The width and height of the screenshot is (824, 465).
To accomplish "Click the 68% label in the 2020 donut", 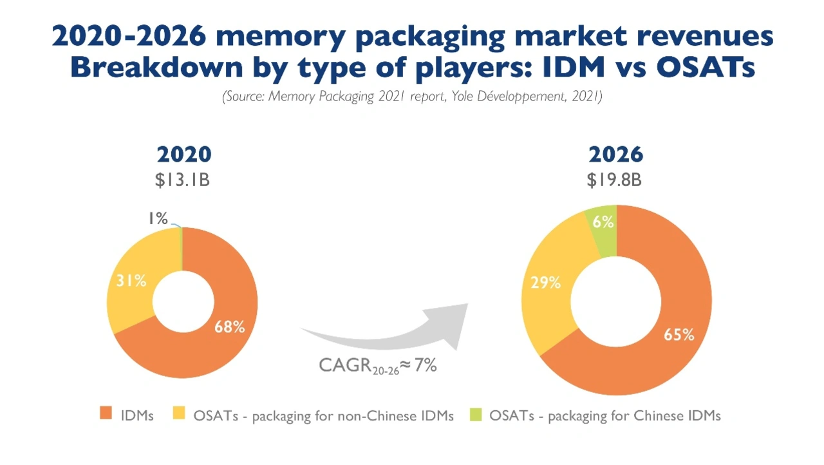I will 230,327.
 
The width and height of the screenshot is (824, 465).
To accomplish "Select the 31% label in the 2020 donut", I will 131,281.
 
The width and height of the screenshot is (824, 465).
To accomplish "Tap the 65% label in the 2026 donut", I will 679,334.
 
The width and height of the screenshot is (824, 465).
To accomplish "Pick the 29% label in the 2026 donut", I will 545,282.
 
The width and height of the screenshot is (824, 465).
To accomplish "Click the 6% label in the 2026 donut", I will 603,222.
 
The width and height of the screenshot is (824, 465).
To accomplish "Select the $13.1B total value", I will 183,180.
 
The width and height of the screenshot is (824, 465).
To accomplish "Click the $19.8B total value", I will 614,180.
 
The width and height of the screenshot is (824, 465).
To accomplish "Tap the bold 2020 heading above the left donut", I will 184,155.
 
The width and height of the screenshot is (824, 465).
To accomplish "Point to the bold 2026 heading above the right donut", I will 616,155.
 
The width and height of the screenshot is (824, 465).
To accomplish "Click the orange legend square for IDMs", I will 106,415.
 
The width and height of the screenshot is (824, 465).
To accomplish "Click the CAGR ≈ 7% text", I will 378,366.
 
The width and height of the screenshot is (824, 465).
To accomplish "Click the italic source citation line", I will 412,97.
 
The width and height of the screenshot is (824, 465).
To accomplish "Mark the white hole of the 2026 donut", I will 616,299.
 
